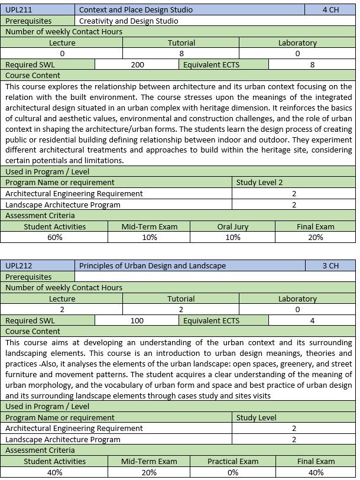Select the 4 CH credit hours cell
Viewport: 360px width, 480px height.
coord(330,9)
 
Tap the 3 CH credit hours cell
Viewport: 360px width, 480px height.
coord(330,265)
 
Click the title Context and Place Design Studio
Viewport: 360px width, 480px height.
coord(135,9)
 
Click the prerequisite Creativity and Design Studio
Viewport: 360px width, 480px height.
coord(128,21)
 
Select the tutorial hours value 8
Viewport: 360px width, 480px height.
coord(181,54)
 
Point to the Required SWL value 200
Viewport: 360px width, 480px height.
coord(137,65)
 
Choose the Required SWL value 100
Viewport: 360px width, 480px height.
coord(137,321)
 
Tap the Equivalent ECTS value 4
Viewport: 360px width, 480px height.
coord(312,321)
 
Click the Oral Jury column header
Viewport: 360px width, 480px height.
coord(233,226)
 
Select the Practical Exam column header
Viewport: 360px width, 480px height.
coord(233,461)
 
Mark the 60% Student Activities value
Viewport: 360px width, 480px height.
coord(55,238)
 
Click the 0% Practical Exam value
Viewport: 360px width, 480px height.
coord(233,472)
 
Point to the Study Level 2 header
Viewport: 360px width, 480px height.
coord(259,183)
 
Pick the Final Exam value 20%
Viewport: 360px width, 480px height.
coord(316,238)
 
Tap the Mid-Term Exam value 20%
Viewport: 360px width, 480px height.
coord(149,472)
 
